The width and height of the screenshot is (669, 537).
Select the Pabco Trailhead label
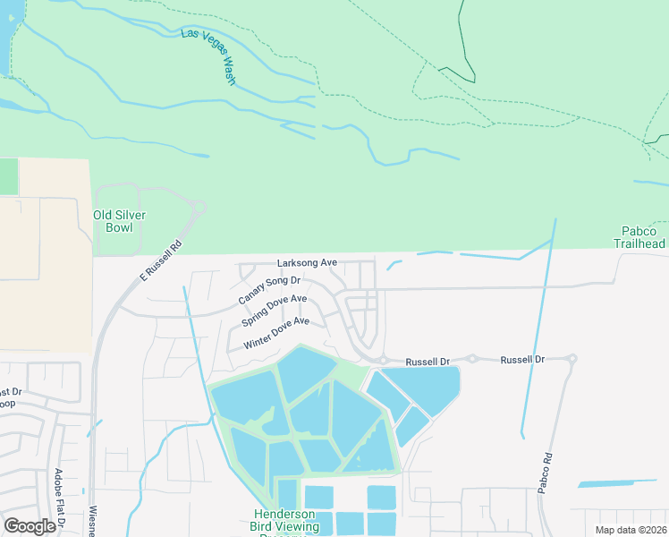point(639,237)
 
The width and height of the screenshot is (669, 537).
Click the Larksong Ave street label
point(307,263)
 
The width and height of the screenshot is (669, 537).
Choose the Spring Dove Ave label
point(274,310)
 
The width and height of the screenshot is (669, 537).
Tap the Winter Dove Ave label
point(275,332)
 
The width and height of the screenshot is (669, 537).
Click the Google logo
point(29,526)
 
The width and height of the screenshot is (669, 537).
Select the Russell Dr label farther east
point(522,359)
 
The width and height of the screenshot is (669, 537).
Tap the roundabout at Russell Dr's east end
point(572,359)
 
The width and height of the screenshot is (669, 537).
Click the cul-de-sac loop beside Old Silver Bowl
point(198,208)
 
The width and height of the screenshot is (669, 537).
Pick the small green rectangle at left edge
point(8,176)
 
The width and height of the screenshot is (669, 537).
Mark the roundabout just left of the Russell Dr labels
point(383,361)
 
